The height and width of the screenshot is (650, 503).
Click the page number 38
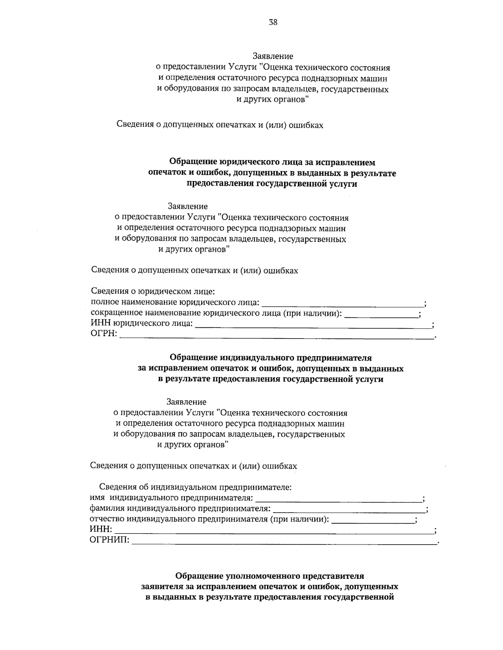click(x=273, y=23)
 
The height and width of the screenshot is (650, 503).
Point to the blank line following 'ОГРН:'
click(x=277, y=335)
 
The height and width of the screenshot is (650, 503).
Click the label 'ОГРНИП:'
click(x=110, y=541)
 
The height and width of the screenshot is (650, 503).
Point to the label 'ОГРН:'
click(x=104, y=334)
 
